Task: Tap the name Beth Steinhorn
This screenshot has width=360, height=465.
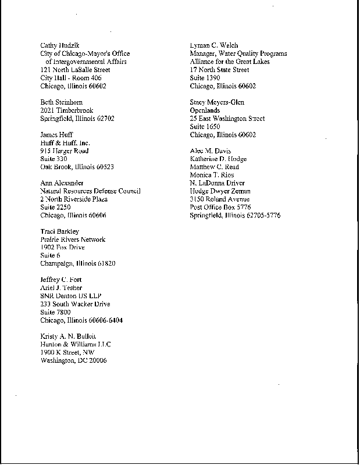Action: point(61,102)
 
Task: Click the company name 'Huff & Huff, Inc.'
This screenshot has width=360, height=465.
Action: point(65,143)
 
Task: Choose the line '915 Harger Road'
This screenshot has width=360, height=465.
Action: point(64,151)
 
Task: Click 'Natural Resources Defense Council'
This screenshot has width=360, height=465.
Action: point(90,191)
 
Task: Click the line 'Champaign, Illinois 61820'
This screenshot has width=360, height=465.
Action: point(78,263)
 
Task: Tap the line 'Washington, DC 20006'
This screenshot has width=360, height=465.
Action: point(74,360)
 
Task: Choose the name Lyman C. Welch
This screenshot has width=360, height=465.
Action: point(214,45)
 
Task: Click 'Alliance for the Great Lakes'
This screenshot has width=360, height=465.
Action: point(230,62)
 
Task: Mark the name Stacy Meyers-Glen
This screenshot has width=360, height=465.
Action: point(217,102)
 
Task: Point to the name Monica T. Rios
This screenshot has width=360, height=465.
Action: point(212,175)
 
